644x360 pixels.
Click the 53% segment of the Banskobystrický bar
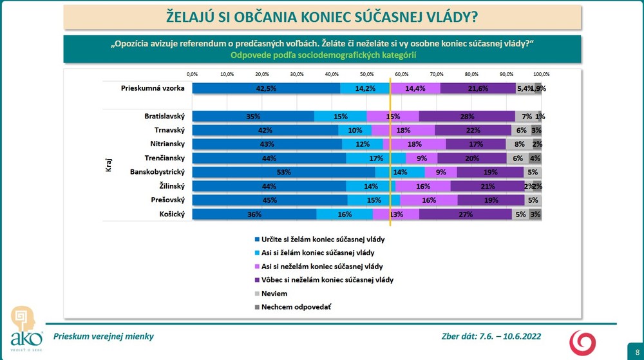[x=283, y=173]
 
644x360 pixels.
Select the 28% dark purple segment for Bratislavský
[x=467, y=117]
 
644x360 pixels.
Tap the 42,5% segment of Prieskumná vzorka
[x=266, y=89]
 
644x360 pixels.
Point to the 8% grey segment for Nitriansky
[x=519, y=144]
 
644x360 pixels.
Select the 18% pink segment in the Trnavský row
[x=403, y=130]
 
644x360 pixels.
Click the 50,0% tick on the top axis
[x=366, y=74]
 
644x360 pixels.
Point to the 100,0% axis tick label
[x=541, y=74]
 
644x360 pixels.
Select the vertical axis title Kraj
[x=108, y=166]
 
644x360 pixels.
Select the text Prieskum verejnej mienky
[x=104, y=336]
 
